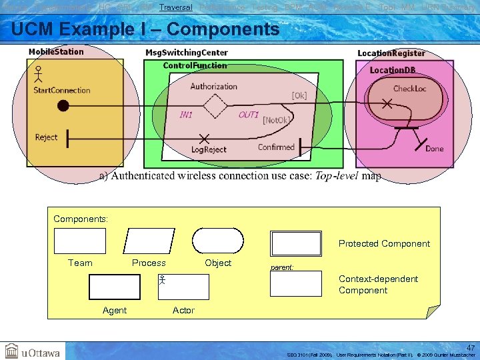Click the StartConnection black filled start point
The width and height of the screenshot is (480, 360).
tap(63, 105)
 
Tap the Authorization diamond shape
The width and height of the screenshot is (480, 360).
tap(215, 105)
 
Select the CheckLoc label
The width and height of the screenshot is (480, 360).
tap(409, 89)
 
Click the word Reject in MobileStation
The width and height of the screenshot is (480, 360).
tap(46, 137)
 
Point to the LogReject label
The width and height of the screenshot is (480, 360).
tap(209, 150)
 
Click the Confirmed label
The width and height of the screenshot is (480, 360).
tap(276, 147)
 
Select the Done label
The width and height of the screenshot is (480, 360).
tap(434, 149)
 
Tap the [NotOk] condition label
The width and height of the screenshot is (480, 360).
tap(275, 120)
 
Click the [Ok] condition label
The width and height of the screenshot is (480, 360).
tap(299, 95)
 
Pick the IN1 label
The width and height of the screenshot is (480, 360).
tap(186, 115)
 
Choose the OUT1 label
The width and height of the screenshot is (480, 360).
tap(249, 115)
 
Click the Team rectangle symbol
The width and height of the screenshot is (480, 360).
tap(80, 241)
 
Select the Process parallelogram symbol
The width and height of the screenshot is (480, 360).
tap(149, 241)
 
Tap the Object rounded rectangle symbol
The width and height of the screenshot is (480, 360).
tap(218, 241)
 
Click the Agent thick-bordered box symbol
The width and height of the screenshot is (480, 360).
tap(115, 287)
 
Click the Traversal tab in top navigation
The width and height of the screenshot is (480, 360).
tap(176, 7)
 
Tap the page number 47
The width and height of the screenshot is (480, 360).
tap(471, 347)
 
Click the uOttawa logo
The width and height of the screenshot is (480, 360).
tap(33, 352)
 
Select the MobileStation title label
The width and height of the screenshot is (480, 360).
tap(56, 52)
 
